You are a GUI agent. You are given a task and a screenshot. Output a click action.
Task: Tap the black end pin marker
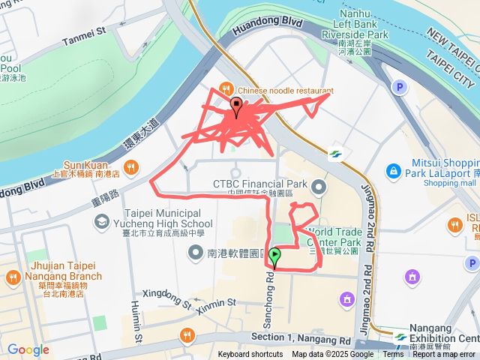(x=237, y=107)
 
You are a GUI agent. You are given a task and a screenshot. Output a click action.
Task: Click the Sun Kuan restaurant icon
(x=130, y=166)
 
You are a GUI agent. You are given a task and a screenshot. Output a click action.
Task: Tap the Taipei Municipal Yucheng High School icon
(x=100, y=222)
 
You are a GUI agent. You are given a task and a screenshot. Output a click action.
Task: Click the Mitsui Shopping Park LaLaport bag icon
(x=393, y=172)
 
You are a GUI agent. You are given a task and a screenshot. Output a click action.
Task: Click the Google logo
(x=28, y=349)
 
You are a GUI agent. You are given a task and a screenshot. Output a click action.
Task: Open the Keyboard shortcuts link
(x=250, y=355)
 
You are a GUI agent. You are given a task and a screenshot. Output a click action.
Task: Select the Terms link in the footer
(x=393, y=355)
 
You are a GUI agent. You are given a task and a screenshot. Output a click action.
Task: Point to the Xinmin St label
(x=216, y=302)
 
